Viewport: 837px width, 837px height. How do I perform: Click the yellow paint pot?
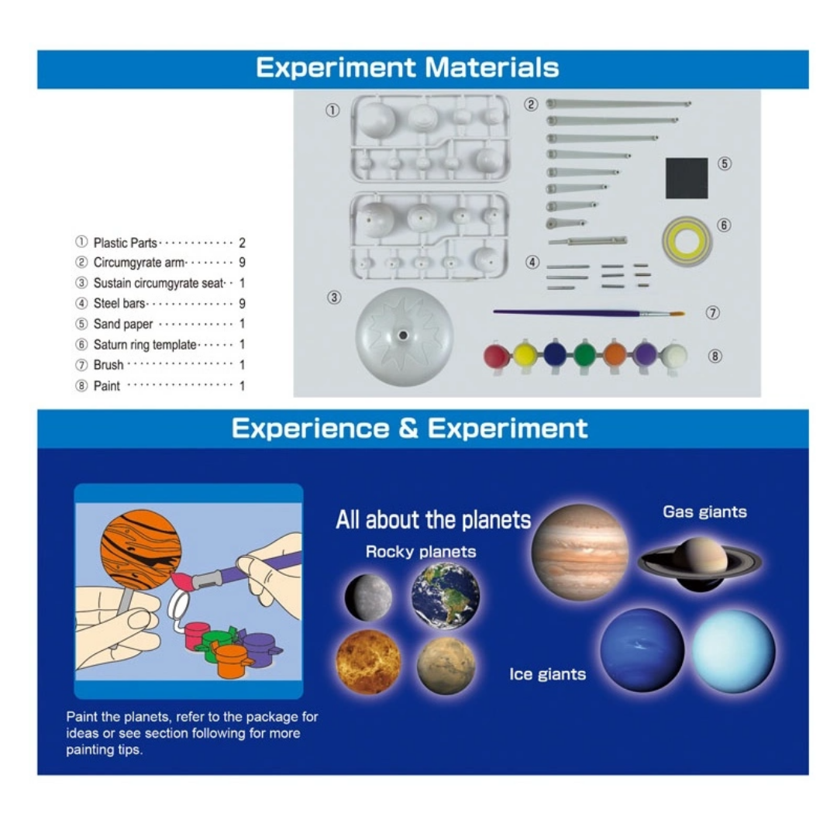pos(525,354)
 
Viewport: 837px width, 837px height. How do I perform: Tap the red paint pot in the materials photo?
pos(497,356)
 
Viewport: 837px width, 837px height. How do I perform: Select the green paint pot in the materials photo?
pos(584,354)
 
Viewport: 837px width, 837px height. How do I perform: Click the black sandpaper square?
pos(687,177)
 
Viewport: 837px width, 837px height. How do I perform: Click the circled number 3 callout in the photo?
pos(334,298)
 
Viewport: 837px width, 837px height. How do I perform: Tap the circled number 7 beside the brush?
pos(713,312)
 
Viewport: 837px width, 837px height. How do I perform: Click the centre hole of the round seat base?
pos(403,336)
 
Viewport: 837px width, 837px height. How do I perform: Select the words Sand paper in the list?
pos(122,324)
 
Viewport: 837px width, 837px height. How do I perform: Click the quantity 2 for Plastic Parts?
pos(242,243)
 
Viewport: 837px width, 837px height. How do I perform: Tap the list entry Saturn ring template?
pos(145,345)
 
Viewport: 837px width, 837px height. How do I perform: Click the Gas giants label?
pos(704,512)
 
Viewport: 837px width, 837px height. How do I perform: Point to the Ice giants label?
pos(547,674)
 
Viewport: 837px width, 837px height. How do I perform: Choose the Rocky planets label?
pos(421,552)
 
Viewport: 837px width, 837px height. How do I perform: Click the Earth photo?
pos(446,595)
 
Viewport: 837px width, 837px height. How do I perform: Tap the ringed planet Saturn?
pos(700,563)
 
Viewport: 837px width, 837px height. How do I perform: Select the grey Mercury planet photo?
pos(368,598)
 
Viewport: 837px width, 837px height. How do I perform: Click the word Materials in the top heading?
pos(491,67)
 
